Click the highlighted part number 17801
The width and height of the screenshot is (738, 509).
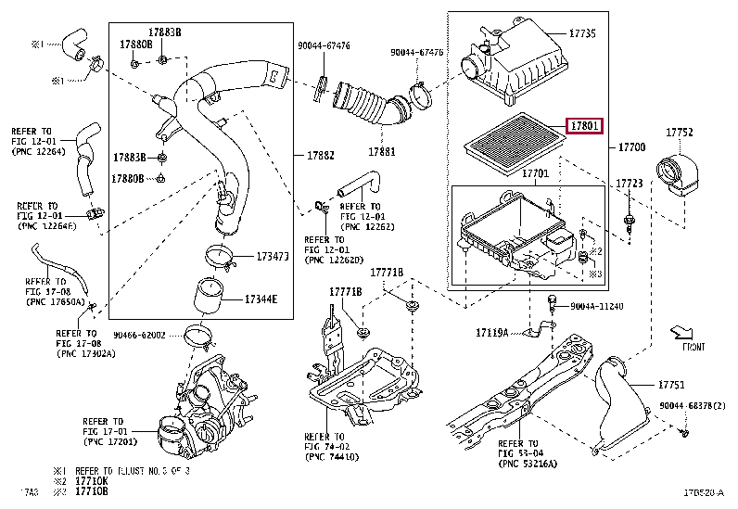[x=585, y=125]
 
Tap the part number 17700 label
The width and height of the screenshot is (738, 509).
[x=633, y=147]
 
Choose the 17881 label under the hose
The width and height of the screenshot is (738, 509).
[x=382, y=151]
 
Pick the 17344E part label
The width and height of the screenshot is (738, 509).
[x=261, y=299]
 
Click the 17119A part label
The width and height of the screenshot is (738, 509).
[x=492, y=331]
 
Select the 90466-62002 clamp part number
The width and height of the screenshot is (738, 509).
[x=140, y=335]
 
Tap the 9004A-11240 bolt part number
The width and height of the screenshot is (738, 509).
[x=596, y=306]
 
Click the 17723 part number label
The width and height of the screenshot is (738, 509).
[x=630, y=185]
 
